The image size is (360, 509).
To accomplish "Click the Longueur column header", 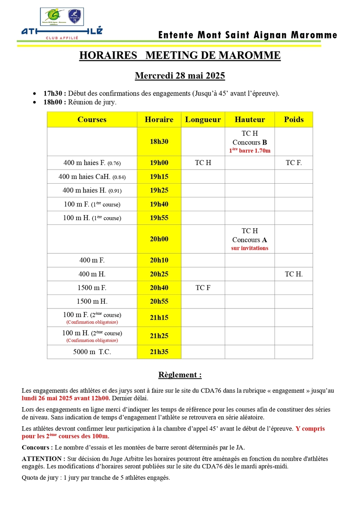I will click(203, 120).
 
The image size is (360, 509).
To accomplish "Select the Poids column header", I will click(294, 120).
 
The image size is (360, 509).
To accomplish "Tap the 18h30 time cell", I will click(159, 142).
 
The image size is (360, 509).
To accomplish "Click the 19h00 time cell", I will click(159, 163).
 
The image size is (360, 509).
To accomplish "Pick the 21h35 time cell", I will click(159, 352).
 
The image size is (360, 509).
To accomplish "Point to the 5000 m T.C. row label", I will click(92, 352).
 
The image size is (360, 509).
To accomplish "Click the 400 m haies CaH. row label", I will click(92, 176).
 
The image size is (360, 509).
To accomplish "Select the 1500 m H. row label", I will click(92, 302).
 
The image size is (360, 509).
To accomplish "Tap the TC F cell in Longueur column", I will click(203, 288).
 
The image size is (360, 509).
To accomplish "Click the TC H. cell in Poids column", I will click(294, 274).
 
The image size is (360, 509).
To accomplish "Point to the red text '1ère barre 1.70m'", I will click(250, 151).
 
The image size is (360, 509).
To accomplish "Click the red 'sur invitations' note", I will click(250, 248).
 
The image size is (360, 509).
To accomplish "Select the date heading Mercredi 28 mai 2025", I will click(180, 76).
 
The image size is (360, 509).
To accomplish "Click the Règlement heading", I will click(180, 375).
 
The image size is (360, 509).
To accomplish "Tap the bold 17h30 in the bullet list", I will click(54, 93).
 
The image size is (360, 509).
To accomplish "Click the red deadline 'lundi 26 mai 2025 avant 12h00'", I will click(66, 398).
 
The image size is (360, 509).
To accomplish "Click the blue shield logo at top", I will click(76, 16).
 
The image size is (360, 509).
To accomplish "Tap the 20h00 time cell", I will click(159, 239).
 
